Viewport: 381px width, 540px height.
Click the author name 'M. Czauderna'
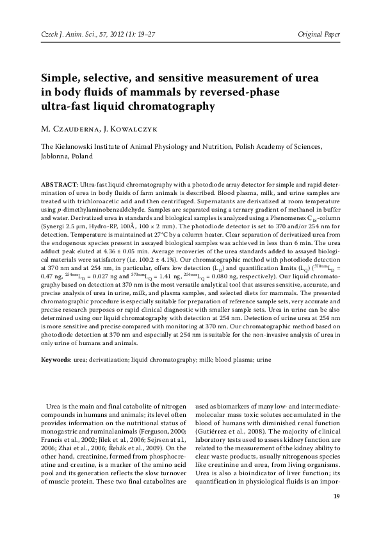70,128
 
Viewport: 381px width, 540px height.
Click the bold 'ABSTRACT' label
58,184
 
